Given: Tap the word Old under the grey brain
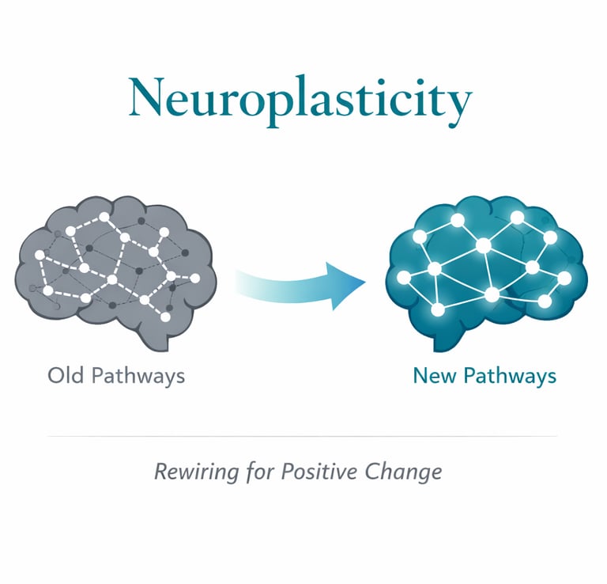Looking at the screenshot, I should (x=66, y=374).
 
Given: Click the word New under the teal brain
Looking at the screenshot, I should (x=434, y=375).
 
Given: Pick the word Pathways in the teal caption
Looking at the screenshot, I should (x=509, y=376).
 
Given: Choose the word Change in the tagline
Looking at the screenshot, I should (x=403, y=472).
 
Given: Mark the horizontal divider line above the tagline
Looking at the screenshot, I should (x=303, y=436).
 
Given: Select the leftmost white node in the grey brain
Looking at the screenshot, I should (x=40, y=255).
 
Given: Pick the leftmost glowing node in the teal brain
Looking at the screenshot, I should (x=404, y=277).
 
